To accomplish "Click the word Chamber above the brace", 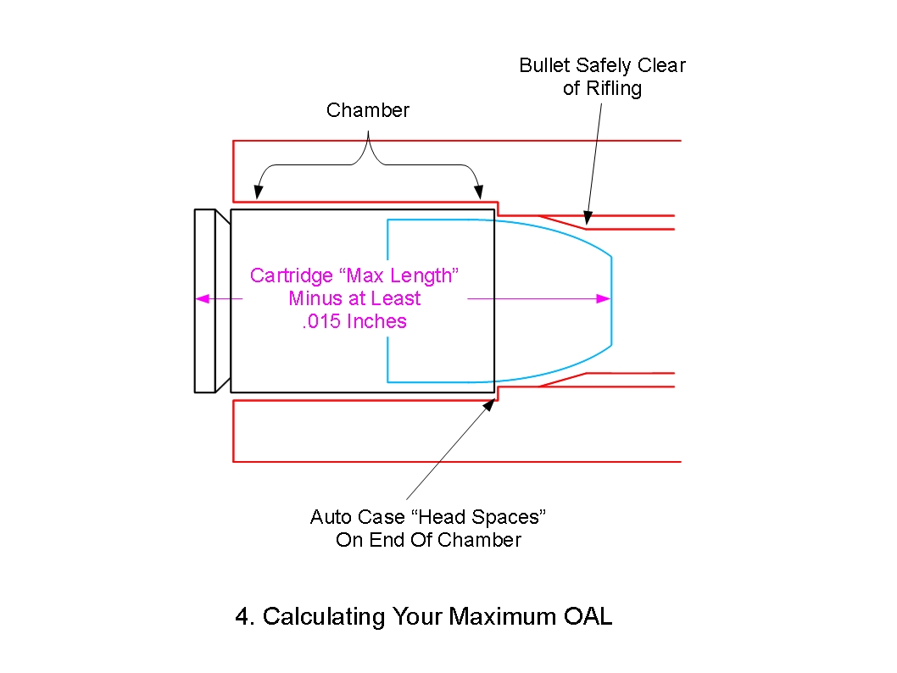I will [368, 110].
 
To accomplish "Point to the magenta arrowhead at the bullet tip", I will [604, 298].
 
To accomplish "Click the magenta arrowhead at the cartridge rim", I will [202, 298].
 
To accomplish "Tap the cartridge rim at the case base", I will [204, 300].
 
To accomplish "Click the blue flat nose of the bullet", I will [611, 300].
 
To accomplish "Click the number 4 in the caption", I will [242, 616].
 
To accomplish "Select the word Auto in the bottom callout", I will [329, 516].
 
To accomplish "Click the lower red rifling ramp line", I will [562, 380].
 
